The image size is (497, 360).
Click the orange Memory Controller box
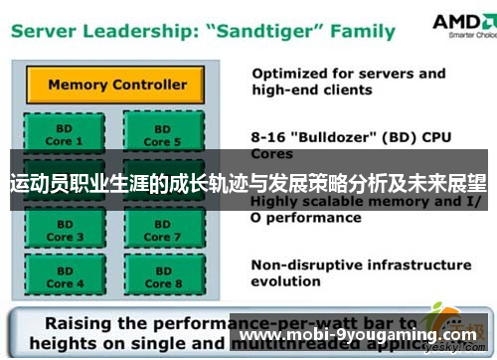[116, 85]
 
